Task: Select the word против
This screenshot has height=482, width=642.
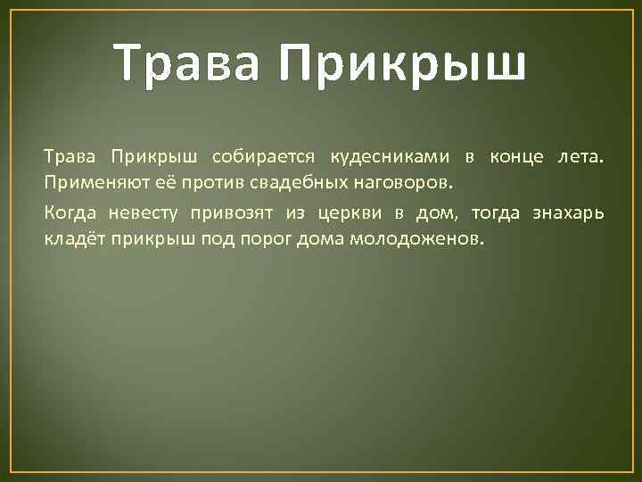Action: [193, 184]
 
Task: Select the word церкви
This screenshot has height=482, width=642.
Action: [345, 214]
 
